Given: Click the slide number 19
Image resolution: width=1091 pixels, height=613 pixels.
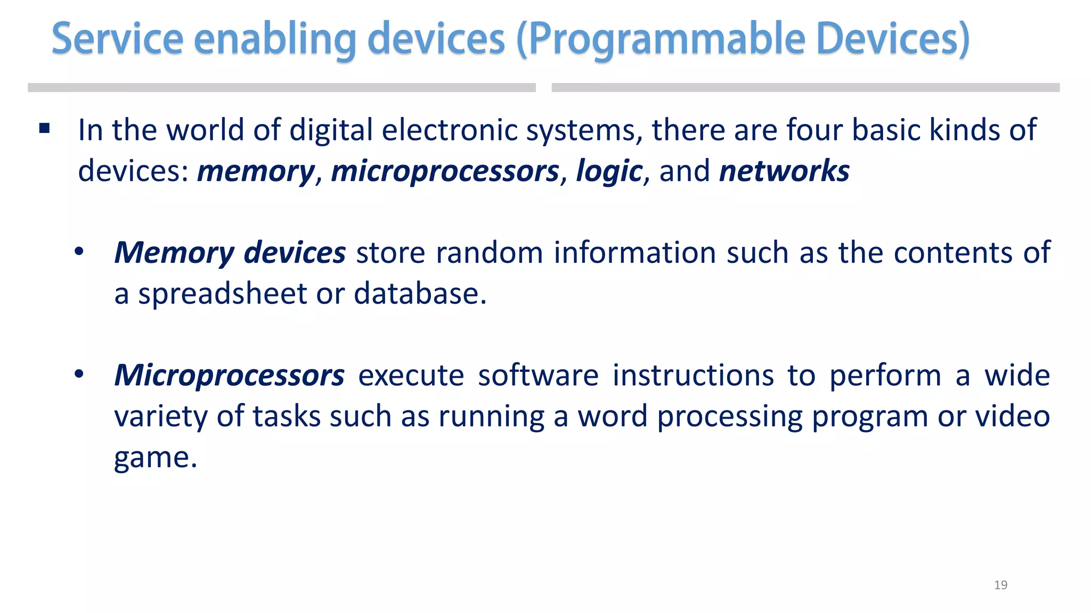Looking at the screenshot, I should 1000,585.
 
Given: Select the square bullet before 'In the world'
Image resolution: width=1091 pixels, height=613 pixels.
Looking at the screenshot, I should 45,128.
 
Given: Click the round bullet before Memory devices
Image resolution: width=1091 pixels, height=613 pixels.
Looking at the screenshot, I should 79,252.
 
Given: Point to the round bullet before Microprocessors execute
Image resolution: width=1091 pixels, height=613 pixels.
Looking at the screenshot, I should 79,375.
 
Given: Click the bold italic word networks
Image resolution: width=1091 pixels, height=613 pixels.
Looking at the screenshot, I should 784,171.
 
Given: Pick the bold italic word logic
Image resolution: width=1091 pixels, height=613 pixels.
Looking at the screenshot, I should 609,171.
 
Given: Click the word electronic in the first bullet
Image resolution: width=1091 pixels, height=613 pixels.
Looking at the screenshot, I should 450,130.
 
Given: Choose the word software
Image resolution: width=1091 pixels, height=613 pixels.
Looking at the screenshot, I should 538,375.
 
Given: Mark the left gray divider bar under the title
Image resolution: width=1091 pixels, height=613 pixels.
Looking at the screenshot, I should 281,88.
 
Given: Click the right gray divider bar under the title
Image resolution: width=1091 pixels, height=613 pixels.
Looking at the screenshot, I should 805,88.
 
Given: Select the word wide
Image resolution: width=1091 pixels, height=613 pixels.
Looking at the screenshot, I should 1017,375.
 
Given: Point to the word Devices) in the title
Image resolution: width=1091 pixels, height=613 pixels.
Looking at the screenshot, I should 893,39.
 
